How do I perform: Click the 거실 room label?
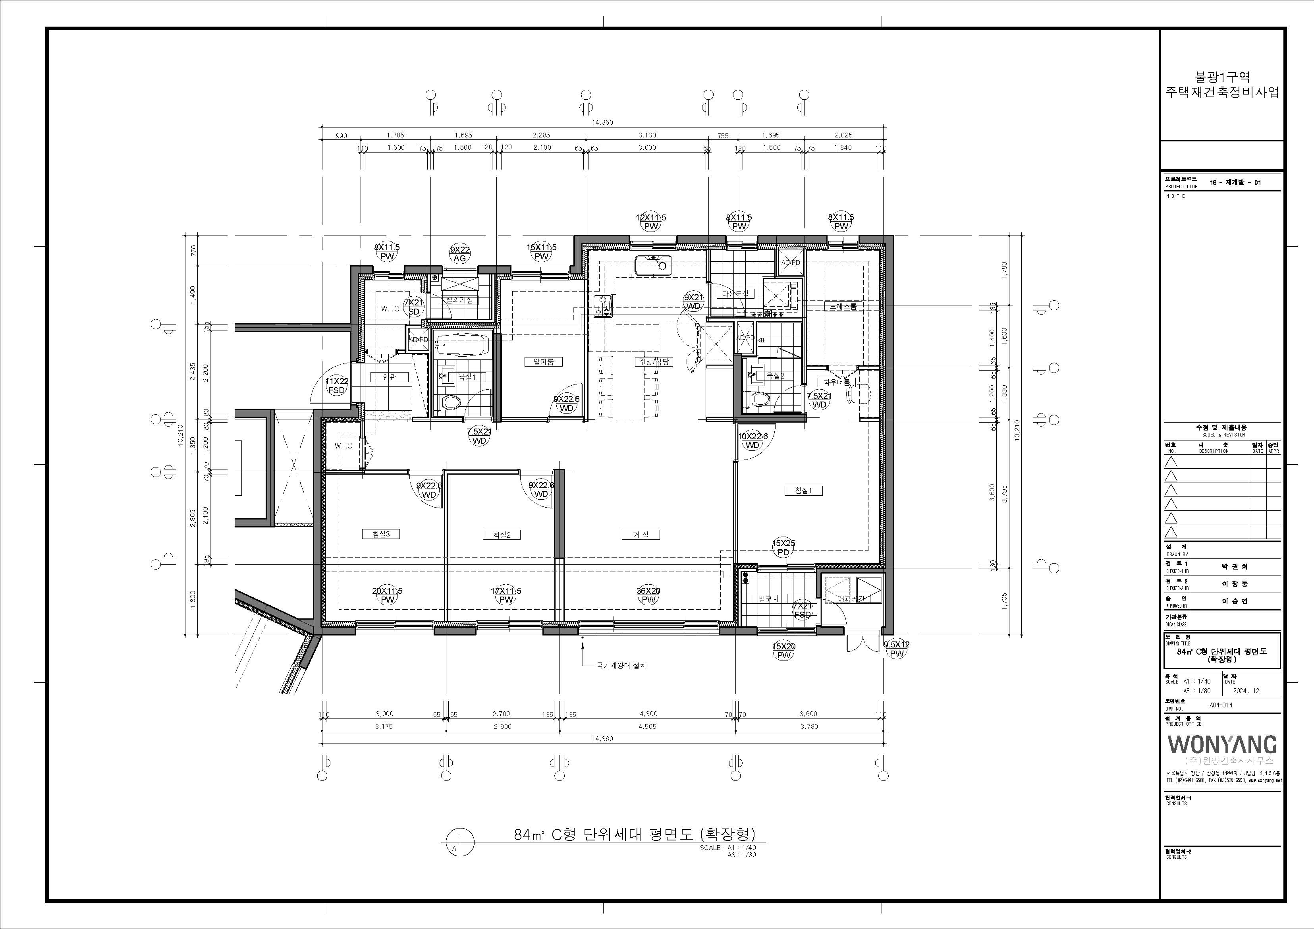(x=641, y=535)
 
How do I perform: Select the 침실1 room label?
(x=803, y=491)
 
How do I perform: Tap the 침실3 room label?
(x=380, y=534)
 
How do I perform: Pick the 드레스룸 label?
(x=843, y=307)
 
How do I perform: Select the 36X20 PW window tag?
(x=648, y=595)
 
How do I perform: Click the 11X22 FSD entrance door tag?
(x=336, y=386)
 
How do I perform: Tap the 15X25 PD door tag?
(x=783, y=548)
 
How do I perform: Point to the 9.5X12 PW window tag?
(x=897, y=649)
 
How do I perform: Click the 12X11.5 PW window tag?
(x=651, y=222)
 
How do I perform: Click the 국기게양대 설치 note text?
(x=621, y=666)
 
